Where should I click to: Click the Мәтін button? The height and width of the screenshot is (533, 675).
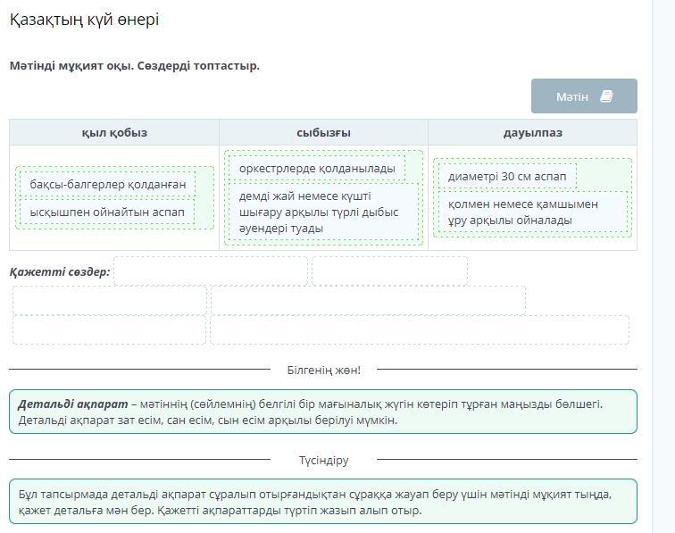(584, 96)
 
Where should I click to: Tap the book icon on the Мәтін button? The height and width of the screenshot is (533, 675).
(606, 96)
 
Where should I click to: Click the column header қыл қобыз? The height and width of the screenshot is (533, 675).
(114, 133)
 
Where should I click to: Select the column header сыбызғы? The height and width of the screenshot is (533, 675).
(323, 133)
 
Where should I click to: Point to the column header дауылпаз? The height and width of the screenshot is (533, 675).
(532, 133)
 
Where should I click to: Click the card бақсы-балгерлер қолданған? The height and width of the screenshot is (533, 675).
(108, 184)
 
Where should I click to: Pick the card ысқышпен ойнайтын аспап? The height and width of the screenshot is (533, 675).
(107, 212)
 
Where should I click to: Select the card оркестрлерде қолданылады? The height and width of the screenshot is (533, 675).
(317, 169)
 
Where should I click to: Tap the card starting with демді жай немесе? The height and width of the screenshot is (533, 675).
(323, 212)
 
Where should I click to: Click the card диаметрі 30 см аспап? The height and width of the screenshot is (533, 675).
(507, 176)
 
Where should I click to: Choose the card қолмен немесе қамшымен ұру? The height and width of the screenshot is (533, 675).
(533, 212)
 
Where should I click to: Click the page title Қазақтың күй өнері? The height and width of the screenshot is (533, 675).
(84, 20)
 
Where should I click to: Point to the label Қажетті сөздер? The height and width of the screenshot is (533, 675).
(60, 271)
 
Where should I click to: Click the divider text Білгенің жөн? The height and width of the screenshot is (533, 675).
(324, 370)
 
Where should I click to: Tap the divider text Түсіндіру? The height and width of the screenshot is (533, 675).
(324, 461)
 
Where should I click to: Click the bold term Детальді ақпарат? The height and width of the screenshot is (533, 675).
(73, 404)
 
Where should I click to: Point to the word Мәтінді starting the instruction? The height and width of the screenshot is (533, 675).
(32, 66)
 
